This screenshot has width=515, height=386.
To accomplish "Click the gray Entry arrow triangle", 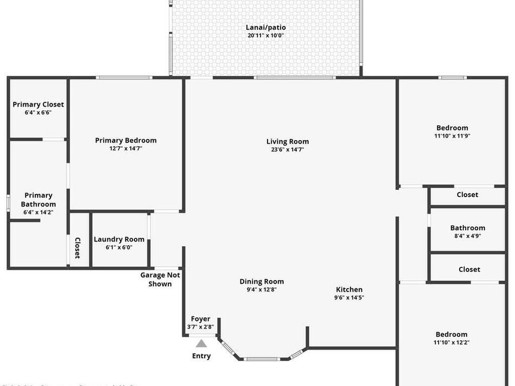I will pos(201,344).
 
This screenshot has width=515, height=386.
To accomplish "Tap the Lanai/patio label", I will pos(266,27).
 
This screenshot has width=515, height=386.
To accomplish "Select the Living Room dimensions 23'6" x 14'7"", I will pos(288,149).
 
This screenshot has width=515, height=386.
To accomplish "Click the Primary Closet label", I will pos(38,105).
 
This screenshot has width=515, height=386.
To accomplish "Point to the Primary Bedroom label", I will pos(126,140).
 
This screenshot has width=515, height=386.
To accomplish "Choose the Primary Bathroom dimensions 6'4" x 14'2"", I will pos(38,213).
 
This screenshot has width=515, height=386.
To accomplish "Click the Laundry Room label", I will pos(119,239).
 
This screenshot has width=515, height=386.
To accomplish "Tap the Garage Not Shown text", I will pos(160,279).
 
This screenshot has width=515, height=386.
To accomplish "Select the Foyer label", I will pos(201,319).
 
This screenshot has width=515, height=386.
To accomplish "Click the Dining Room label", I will pos(262,281).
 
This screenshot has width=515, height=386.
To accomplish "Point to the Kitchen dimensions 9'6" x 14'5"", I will pos(349,298).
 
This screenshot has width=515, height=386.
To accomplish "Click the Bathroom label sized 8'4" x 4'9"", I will pos(468,228).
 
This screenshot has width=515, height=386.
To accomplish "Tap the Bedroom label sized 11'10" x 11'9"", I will pos(452,128).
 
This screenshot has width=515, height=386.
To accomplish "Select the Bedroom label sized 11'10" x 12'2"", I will pos(452,334).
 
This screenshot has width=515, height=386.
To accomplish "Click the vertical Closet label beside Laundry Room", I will pos(78,248).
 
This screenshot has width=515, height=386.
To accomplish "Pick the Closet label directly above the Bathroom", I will pos(467,195).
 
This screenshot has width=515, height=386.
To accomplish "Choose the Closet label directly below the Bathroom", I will pos(469,269).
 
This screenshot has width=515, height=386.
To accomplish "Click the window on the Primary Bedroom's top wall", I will pos(124,77).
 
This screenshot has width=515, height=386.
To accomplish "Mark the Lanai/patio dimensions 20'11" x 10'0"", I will pos(266,36).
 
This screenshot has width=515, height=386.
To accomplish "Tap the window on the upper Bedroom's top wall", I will pos(452,77).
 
